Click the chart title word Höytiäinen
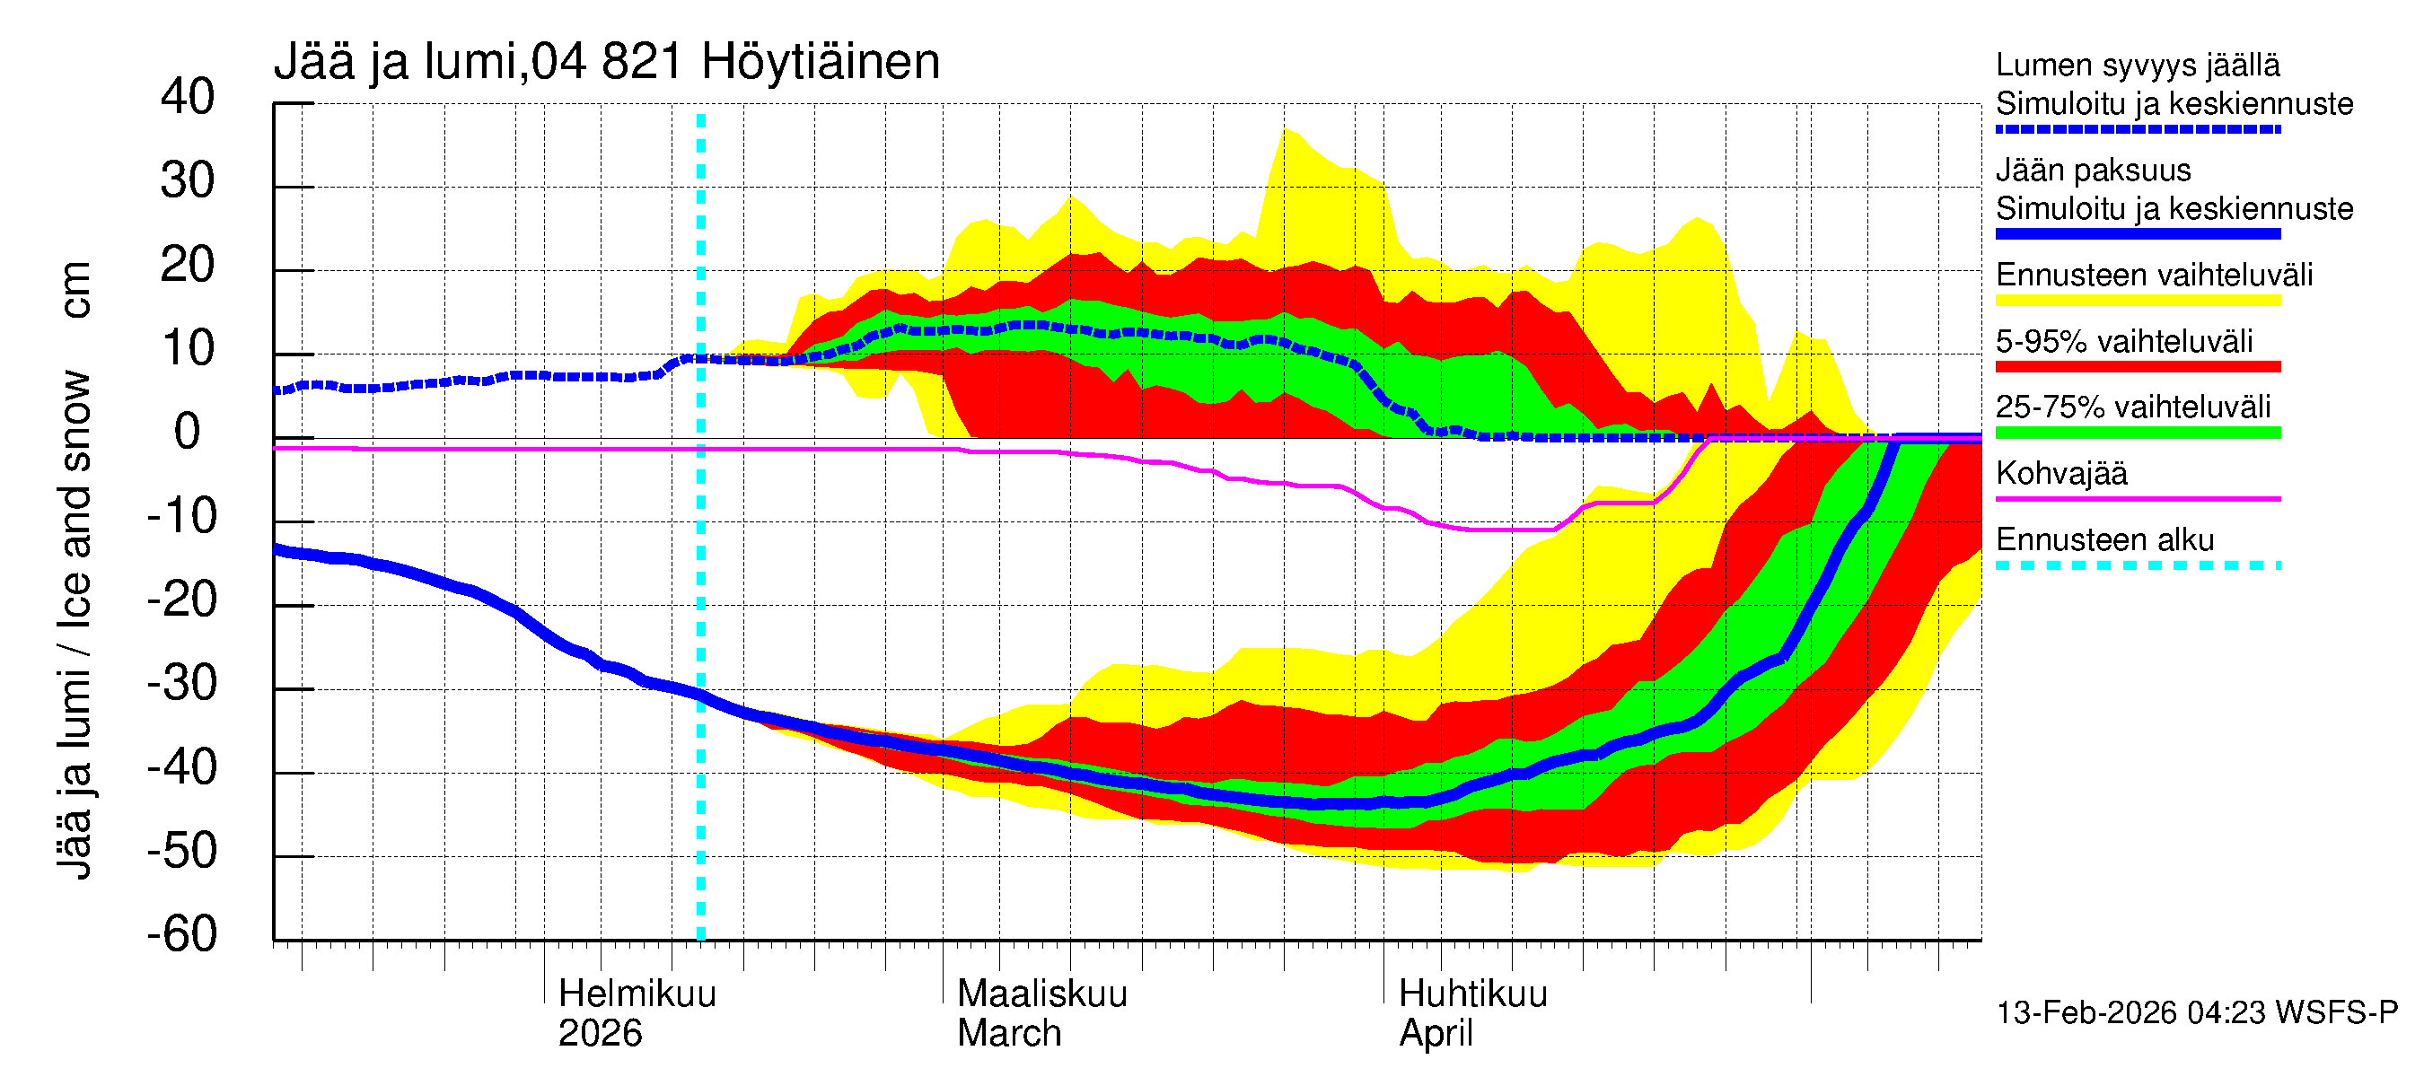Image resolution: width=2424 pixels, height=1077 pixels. (820, 62)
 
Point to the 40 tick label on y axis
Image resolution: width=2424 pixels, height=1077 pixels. (188, 97)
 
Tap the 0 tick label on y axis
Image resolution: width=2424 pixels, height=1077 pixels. (188, 432)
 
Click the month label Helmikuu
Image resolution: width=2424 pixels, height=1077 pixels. (637, 994)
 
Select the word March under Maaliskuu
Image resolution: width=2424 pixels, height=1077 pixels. (1009, 1033)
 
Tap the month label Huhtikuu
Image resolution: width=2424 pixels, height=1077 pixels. (1472, 994)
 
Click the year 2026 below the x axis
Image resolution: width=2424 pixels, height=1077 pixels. (600, 1033)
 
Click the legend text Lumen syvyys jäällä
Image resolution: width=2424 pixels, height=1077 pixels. (2137, 65)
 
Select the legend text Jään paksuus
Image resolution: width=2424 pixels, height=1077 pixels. (2093, 171)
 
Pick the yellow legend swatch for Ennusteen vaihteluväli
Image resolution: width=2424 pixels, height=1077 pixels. (2137, 301)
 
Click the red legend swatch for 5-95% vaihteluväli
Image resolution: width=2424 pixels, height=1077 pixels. (2137, 367)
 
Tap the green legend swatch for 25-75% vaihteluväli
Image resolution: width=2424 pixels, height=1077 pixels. (2137, 433)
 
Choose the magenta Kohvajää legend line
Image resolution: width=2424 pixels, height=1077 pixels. (2137, 498)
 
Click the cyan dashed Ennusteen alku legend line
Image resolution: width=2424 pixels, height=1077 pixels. (2137, 565)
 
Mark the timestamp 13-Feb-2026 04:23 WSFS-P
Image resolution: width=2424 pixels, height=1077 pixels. (2196, 1012)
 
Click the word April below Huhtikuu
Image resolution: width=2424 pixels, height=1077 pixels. (1435, 1033)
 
